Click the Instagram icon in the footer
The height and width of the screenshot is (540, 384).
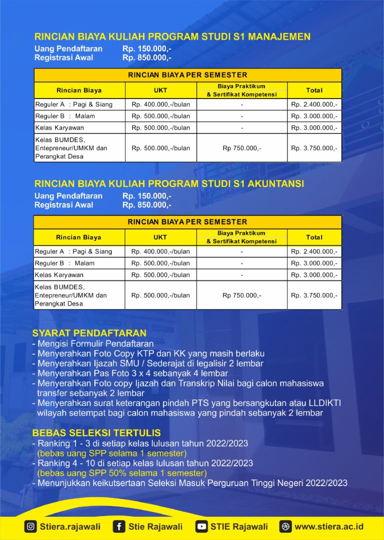30,526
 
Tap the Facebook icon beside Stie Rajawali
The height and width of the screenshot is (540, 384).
119,526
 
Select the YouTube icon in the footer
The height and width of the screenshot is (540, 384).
201,526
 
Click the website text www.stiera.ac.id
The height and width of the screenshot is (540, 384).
329,526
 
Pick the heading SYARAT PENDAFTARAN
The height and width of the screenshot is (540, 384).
89,333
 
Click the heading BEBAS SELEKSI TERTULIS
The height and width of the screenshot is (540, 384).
96,433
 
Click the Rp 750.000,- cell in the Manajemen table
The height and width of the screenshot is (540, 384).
242,148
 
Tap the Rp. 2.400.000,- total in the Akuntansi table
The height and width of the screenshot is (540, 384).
314,251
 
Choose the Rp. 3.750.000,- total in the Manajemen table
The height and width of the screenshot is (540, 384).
314,148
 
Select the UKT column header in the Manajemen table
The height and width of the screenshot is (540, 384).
160,90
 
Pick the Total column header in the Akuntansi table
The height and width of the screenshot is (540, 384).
314,237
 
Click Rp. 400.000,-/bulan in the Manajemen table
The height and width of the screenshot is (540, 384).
160,104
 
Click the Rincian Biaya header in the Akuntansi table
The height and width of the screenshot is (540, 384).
78,237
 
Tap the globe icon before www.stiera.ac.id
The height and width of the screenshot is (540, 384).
285,526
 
